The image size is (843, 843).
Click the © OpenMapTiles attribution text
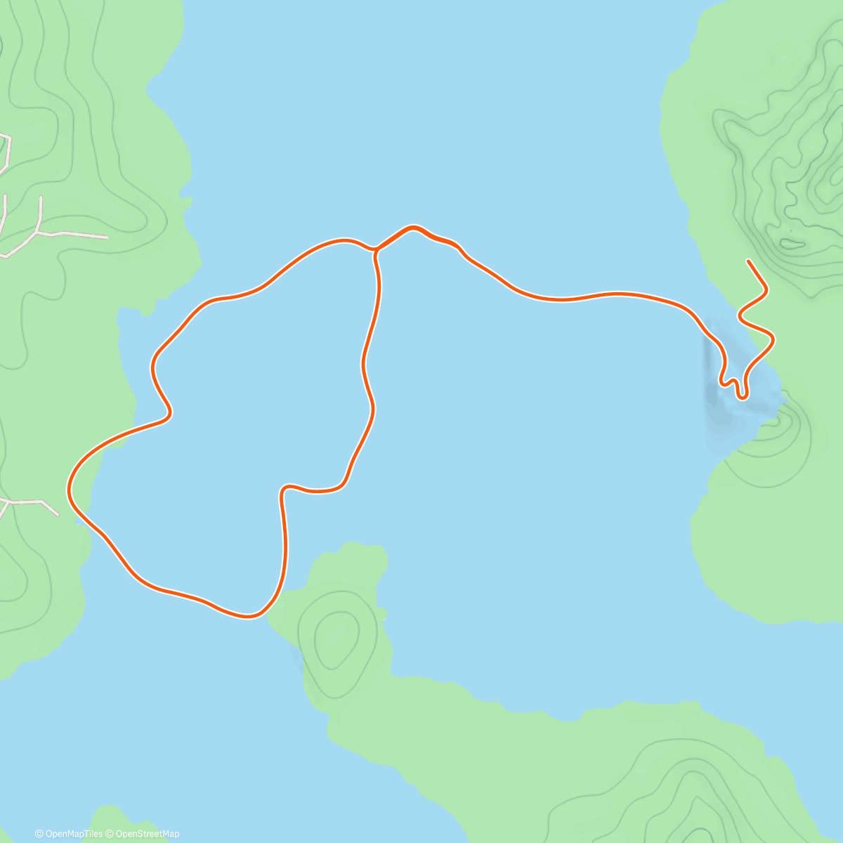pyautogui.click(x=69, y=834)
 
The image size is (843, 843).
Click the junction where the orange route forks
pyautogui.click(x=375, y=250)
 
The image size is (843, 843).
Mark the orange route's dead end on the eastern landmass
pyautogui.click(x=749, y=261)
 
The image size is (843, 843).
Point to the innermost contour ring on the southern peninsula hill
pyautogui.click(x=335, y=639)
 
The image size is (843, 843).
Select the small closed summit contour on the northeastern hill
pyautogui.click(x=792, y=244)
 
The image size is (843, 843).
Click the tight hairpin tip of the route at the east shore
pyautogui.click(x=741, y=397)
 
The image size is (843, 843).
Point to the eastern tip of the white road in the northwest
pyautogui.click(x=107, y=237)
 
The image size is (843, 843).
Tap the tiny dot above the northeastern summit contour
pyautogui.click(x=789, y=230)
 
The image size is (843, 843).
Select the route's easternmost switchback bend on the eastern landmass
pyautogui.click(x=773, y=340)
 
